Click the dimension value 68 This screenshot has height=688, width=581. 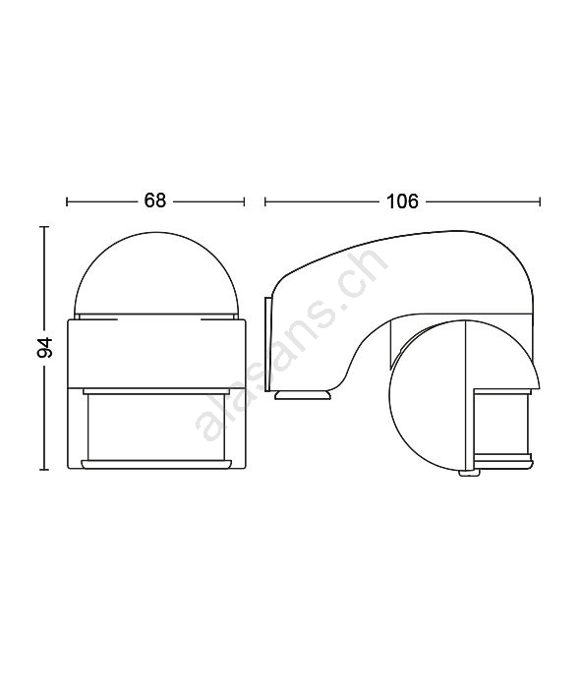click(x=155, y=201)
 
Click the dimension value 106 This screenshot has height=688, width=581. click(x=402, y=201)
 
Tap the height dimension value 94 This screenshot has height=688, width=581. click(x=45, y=348)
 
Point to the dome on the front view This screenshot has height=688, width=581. click(x=156, y=275)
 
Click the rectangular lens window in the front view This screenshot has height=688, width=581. click(x=157, y=427)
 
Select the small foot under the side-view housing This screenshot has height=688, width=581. click(x=303, y=395)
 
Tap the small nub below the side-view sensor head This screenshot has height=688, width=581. click(x=469, y=473)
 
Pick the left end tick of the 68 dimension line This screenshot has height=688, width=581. click(x=67, y=201)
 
